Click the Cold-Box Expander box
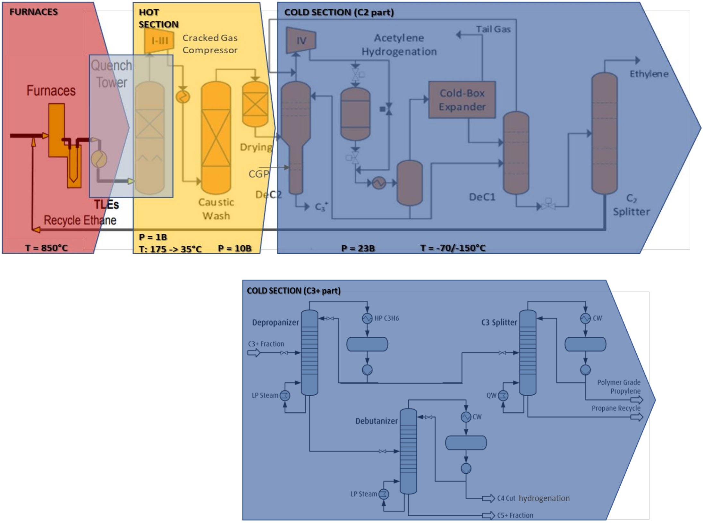tap(462, 100)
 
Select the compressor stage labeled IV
tap(301, 40)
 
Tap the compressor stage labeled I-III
tap(159, 40)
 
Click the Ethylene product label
tap(649, 74)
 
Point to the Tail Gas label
tap(493, 29)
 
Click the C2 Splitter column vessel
tap(604, 133)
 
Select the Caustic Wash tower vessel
tap(216, 138)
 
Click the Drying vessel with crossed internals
tap(255, 104)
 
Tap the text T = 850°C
tap(47, 248)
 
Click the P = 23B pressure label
tap(358, 248)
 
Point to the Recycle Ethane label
tap(80, 220)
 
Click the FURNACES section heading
tap(33, 12)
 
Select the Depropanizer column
tap(309, 353)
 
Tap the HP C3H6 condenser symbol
tap(367, 318)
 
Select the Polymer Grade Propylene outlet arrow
tap(637, 400)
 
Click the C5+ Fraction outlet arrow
tap(488, 515)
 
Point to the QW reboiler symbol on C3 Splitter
tap(503, 395)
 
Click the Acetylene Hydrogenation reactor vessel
tap(355, 114)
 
